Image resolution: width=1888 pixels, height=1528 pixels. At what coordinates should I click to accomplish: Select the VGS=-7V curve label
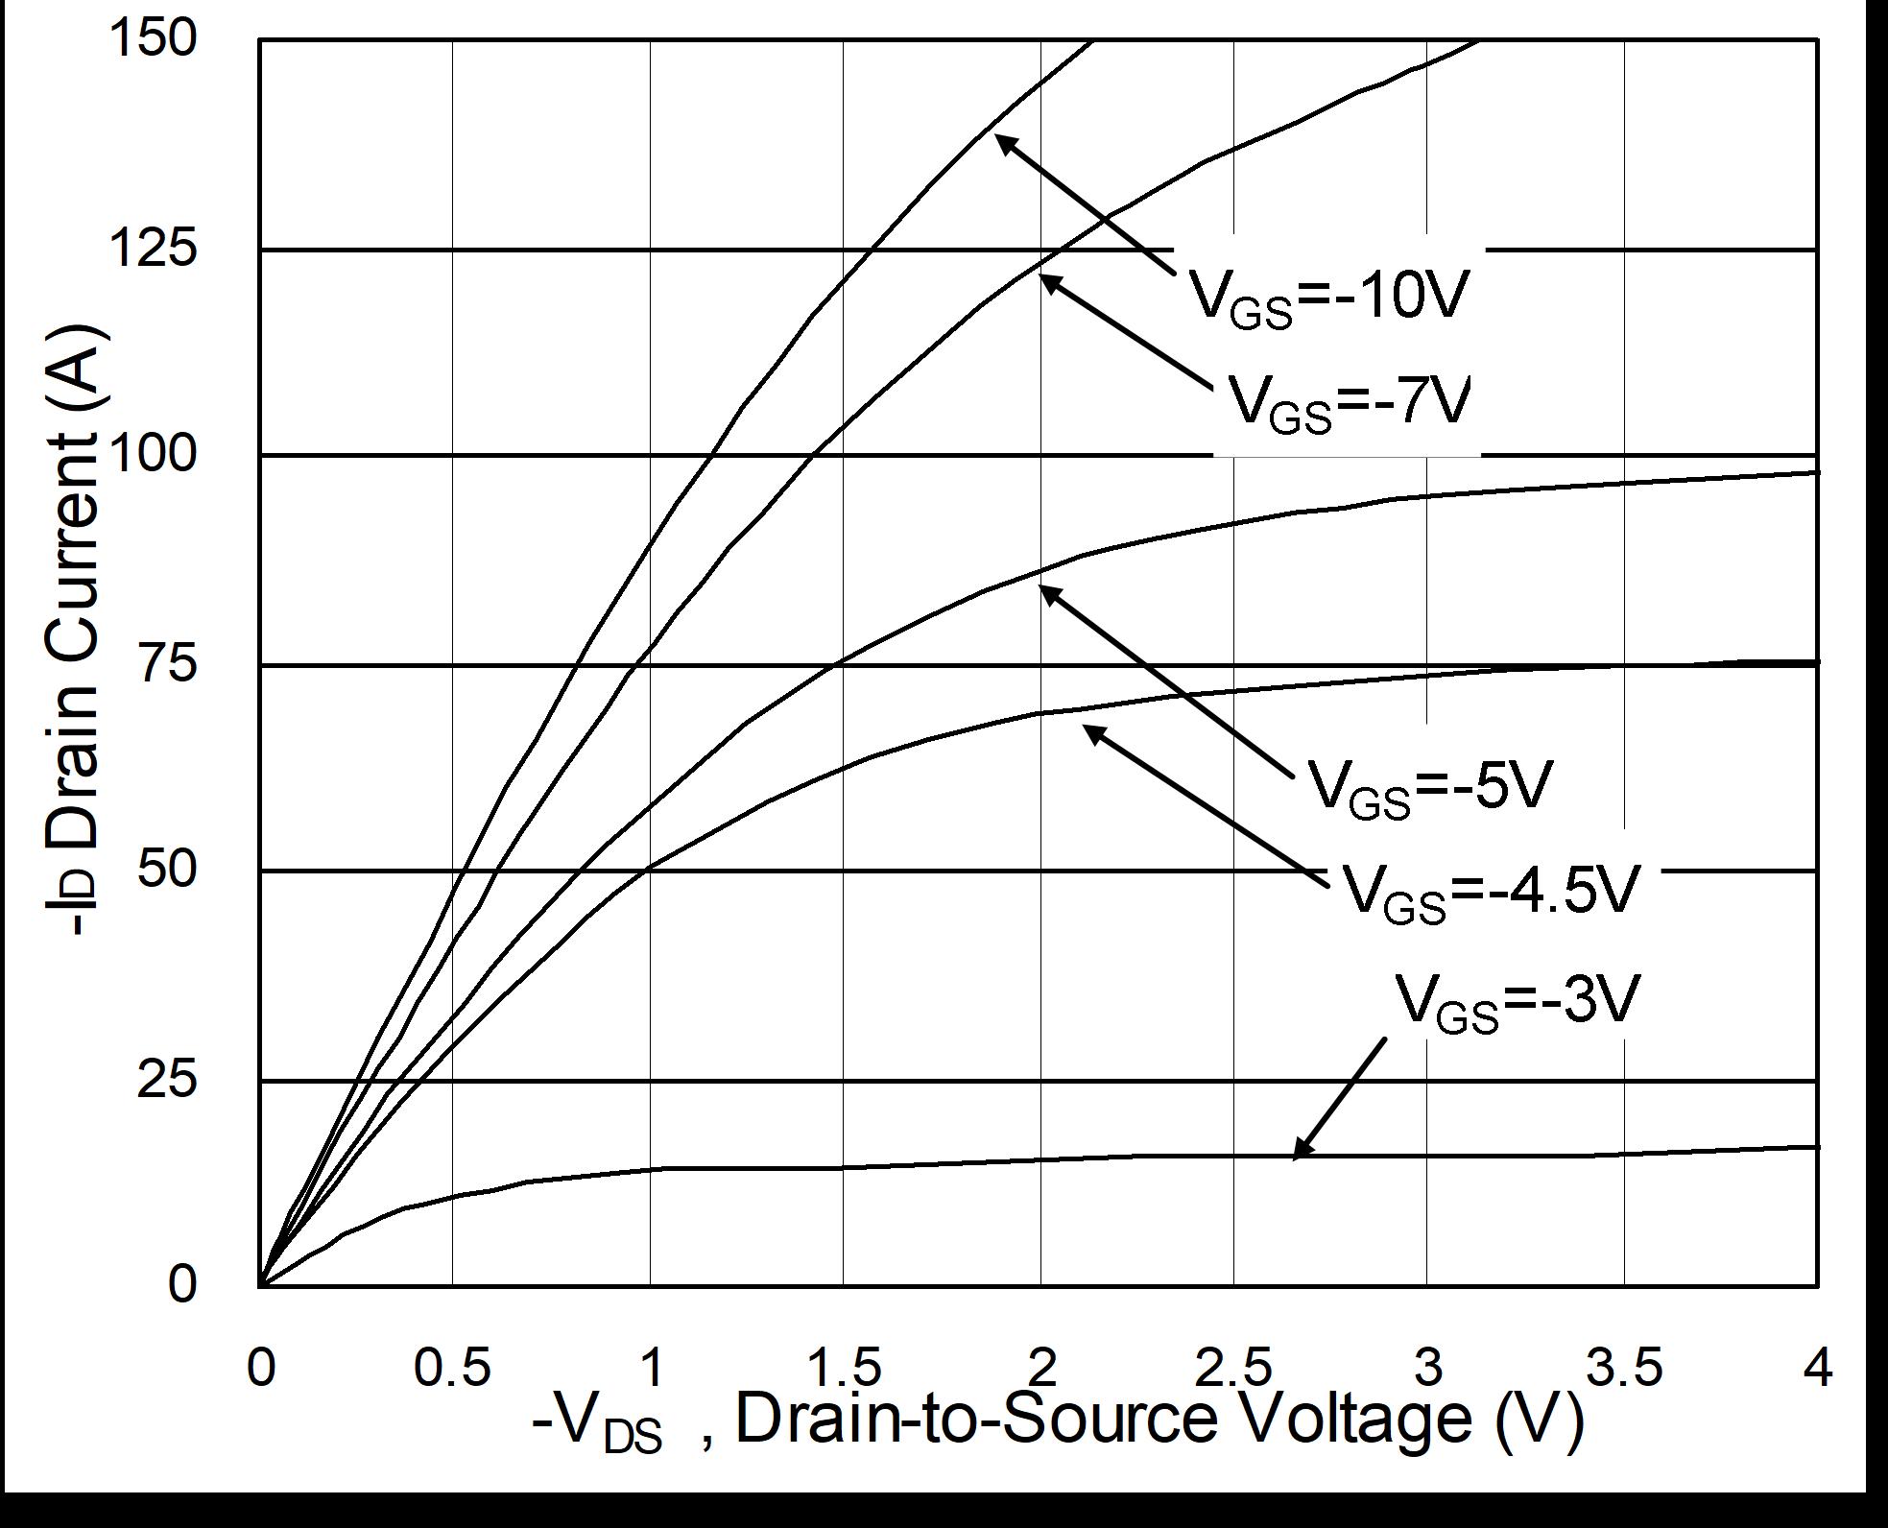tap(1349, 402)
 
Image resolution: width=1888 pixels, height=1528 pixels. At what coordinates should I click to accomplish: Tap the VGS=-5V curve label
tap(1429, 788)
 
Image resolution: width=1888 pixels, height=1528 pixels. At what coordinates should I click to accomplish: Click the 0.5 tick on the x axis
tap(452, 1367)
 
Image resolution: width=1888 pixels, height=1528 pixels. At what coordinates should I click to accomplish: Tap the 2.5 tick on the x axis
tap(1233, 1367)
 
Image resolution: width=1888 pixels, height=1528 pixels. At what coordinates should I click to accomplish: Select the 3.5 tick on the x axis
tap(1623, 1367)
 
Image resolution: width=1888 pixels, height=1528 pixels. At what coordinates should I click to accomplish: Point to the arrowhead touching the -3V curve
tap(1301, 1149)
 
